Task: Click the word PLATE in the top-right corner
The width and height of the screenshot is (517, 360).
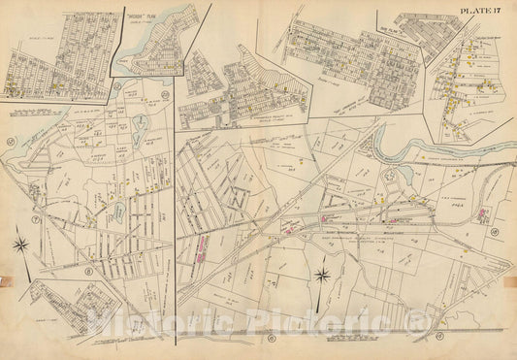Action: point(475,11)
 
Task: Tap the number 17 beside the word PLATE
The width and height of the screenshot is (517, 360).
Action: point(501,11)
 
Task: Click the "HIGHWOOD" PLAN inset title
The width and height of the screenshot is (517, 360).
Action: point(132,16)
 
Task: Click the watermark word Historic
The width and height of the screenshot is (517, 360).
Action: point(141,324)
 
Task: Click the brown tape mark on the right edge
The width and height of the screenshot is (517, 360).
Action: point(512,284)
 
